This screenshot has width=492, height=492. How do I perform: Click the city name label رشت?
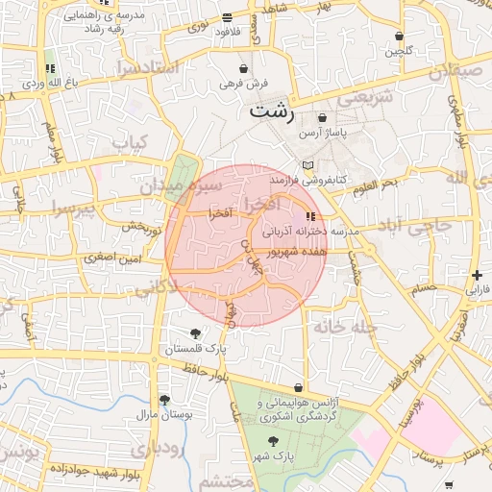click(272, 111)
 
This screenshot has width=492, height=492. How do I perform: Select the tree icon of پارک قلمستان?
click(196, 333)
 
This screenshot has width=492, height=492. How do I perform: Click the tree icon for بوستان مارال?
click(164, 399)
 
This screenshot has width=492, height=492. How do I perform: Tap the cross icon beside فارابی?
click(477, 275)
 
